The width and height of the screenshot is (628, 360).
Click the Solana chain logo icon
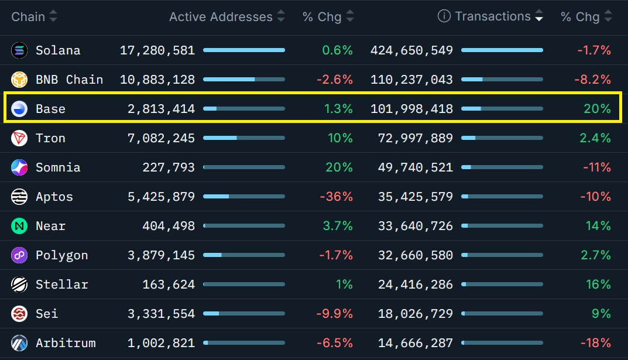point(19,50)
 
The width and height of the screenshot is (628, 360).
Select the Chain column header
point(28,17)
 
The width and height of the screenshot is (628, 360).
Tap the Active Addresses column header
point(221,17)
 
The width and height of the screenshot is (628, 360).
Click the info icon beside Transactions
point(444,16)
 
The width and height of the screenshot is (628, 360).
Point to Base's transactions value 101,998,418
point(411,109)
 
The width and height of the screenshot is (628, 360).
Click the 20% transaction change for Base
point(597,109)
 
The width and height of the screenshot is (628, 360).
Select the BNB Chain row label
point(69,80)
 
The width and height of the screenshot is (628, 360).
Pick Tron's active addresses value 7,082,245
point(161,138)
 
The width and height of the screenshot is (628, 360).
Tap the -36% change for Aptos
point(336,197)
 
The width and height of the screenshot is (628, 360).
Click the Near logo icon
point(19,226)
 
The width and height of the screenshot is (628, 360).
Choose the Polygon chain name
point(61,255)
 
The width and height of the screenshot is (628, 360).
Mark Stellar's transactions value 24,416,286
point(416,284)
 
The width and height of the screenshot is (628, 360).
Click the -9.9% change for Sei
point(334,314)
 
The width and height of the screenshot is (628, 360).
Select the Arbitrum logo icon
point(19,343)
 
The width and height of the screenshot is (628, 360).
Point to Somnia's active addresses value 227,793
point(169,167)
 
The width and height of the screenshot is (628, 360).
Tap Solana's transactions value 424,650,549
point(411,50)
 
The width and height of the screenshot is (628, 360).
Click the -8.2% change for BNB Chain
point(592,80)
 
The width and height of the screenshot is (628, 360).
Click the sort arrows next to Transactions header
point(539,16)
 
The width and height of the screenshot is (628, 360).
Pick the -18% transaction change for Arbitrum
point(596,343)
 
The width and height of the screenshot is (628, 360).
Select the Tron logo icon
point(19,138)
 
